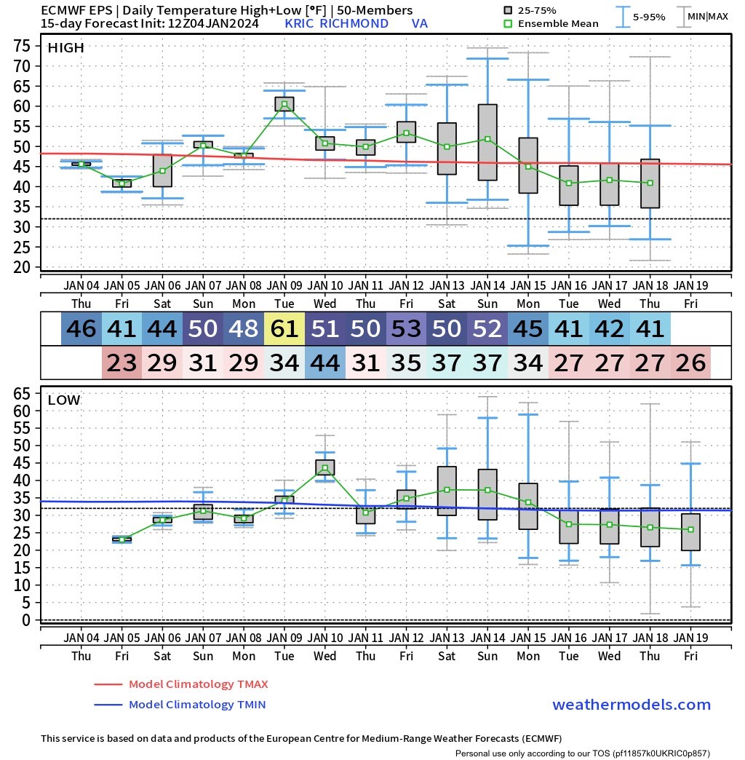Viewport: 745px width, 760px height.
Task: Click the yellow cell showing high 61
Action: (284, 328)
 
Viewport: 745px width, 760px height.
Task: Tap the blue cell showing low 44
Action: (325, 363)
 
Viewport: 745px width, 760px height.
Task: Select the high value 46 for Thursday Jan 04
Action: (81, 328)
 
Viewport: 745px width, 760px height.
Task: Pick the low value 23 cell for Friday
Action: (122, 363)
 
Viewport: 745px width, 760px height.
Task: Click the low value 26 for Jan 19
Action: (690, 363)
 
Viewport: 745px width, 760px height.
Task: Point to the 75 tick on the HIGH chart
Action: (23, 46)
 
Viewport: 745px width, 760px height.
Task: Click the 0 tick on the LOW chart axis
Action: (26, 620)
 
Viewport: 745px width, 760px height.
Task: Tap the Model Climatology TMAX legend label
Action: (198, 684)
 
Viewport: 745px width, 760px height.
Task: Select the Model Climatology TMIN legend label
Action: (197, 704)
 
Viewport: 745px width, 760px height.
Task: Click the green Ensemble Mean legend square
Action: (508, 24)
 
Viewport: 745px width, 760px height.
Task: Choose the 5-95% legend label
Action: (649, 17)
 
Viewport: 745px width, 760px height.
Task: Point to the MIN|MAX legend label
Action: (708, 17)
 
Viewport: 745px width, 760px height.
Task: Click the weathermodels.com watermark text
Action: (632, 704)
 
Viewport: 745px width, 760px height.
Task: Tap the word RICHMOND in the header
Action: (354, 24)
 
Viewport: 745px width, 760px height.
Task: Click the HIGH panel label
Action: (66, 47)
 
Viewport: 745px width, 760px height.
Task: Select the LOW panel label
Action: (64, 400)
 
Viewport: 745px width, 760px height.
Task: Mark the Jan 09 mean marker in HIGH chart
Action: (284, 105)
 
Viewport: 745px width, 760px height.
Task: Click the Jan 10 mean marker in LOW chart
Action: (325, 468)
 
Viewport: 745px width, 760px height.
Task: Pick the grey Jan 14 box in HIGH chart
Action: (487, 143)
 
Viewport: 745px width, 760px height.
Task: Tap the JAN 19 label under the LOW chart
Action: (690, 638)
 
